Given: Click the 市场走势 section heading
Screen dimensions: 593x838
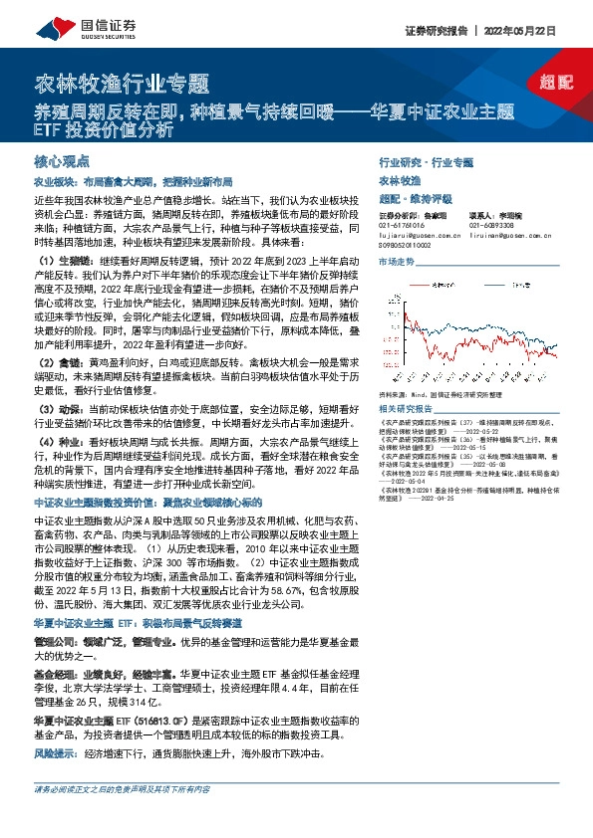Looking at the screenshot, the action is pos(396,260).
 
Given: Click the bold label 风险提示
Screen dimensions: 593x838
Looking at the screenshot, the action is pos(57,753).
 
